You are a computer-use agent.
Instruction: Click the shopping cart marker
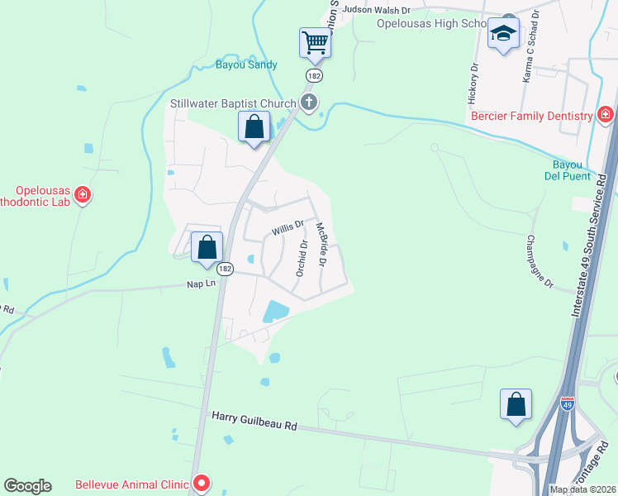pyautogui.click(x=315, y=42)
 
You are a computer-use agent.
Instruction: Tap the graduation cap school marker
pyautogui.click(x=502, y=35)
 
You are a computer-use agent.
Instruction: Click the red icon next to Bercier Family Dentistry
pyautogui.click(x=606, y=115)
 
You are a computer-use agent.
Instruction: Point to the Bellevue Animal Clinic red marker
pyautogui.click(x=201, y=484)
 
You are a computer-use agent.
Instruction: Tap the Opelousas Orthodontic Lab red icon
pyautogui.click(x=82, y=195)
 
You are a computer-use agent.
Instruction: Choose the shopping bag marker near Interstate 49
pyautogui.click(x=516, y=405)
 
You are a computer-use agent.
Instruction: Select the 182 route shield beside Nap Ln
pyautogui.click(x=225, y=269)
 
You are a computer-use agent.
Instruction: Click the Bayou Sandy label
pyautogui.click(x=246, y=64)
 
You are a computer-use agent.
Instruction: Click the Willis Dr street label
pyautogui.click(x=288, y=226)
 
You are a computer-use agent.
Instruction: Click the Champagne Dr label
pyautogui.click(x=538, y=261)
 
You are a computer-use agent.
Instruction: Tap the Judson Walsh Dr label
pyautogui.click(x=377, y=9)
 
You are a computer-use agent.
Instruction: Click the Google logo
pyautogui.click(x=27, y=486)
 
